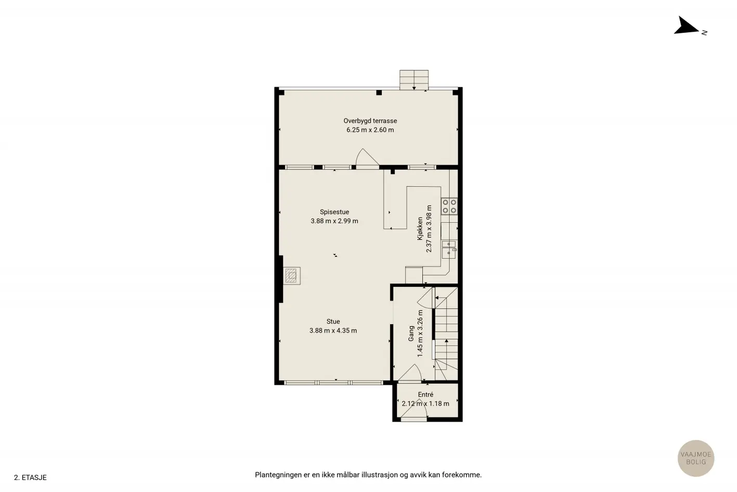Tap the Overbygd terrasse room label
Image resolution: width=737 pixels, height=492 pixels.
click(370, 121)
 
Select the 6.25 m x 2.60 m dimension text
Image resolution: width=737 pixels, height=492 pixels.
click(370, 130)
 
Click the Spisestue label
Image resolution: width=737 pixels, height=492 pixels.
click(334, 212)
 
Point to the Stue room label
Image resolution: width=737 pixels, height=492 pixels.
click(333, 321)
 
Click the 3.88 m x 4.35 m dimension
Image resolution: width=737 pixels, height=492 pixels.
click(333, 331)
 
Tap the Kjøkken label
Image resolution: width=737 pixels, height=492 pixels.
click(420, 229)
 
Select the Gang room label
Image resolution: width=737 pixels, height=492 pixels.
click(411, 333)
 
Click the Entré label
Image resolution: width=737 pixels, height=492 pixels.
click(425, 395)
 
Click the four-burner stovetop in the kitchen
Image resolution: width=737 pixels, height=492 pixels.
click(449, 206)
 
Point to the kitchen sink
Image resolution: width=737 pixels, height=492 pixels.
click(449, 249)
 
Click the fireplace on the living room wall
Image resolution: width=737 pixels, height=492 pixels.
click(292, 275)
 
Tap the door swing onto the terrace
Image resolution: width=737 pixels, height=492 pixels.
click(367, 157)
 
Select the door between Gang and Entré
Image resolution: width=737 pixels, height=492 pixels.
click(410, 373)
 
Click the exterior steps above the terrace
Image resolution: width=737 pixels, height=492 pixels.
click(414, 80)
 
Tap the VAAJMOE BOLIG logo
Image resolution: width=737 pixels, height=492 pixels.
click(696, 458)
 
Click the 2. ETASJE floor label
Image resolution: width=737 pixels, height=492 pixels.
click(30, 477)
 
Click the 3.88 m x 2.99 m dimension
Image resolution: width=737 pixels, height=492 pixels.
click(334, 221)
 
